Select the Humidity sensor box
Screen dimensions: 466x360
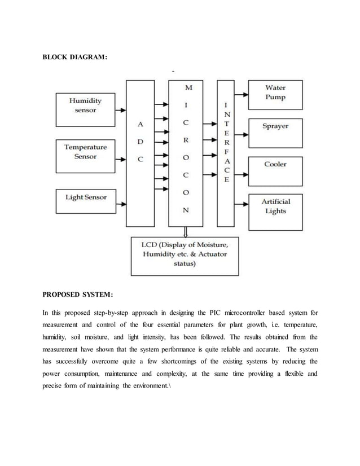pos(85,105)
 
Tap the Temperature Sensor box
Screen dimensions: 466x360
pos(85,151)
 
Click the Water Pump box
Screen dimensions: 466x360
pos(275,93)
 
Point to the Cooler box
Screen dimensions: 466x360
pos(275,165)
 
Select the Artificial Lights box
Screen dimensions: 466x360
pos(275,206)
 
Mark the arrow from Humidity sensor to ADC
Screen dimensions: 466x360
pos(120,105)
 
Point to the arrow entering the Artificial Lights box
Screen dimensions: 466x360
pos(240,204)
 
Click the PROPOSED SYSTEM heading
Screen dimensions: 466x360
pos(78,294)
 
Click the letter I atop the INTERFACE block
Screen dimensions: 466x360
pos(226,105)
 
